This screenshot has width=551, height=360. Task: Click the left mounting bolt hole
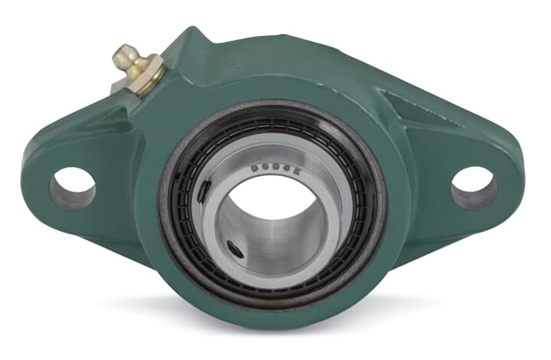click(x=73, y=188)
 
